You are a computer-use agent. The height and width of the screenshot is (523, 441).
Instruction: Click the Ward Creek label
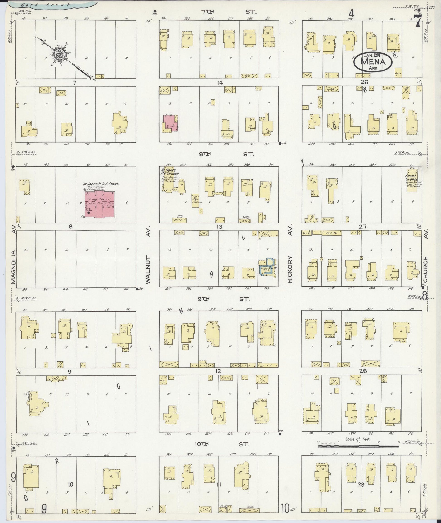coord(46,5)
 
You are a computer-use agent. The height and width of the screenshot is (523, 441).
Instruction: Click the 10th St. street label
coord(222,444)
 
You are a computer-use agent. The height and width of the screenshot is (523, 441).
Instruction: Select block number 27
coord(363,227)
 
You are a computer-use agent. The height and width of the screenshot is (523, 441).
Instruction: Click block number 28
coord(363,371)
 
